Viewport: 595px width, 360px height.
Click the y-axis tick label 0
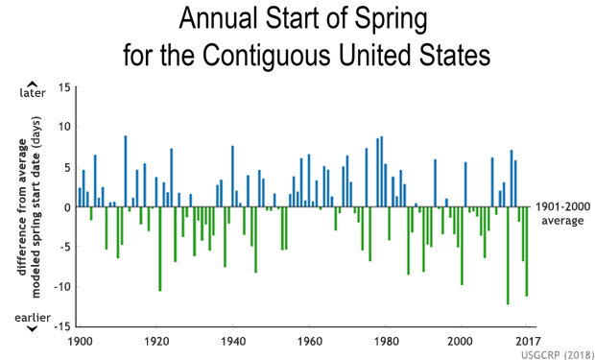click(x=67, y=207)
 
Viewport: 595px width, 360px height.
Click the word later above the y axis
click(x=32, y=94)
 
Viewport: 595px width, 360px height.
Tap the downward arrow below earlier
click(x=32, y=328)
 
